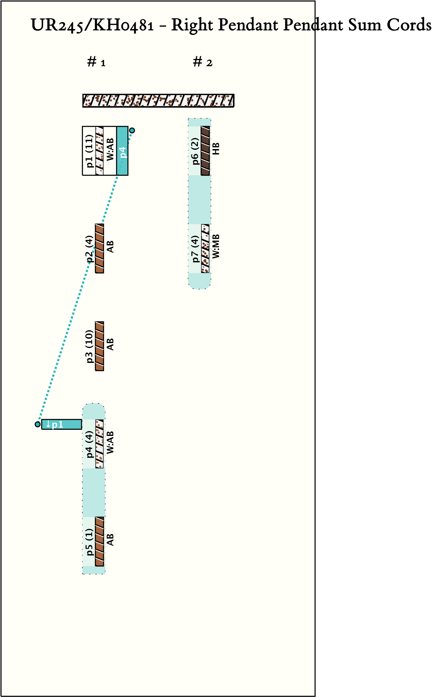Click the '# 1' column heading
(x=96, y=62)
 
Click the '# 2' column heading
(x=202, y=62)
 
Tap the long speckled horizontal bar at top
(x=158, y=101)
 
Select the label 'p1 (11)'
(x=90, y=151)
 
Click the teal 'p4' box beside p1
(x=122, y=151)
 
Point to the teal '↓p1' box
(x=61, y=424)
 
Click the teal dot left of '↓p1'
(x=37, y=424)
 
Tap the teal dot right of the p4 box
(x=132, y=130)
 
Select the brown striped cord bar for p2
(x=100, y=248)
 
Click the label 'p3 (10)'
(x=90, y=346)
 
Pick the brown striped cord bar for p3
(x=100, y=346)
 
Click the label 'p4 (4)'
(x=90, y=444)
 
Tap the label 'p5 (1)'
(x=90, y=542)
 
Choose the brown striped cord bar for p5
(x=100, y=542)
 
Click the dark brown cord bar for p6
(x=205, y=151)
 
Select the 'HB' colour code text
(x=216, y=149)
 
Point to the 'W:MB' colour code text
(x=216, y=246)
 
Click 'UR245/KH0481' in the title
(x=92, y=25)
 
